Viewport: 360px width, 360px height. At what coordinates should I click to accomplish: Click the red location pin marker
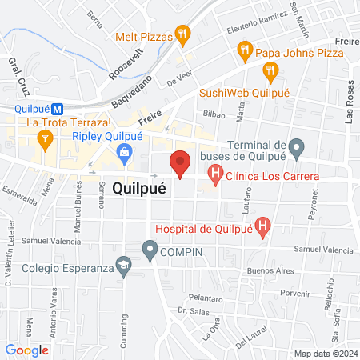coord(180,163)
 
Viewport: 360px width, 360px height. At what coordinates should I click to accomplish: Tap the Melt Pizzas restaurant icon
coord(183,34)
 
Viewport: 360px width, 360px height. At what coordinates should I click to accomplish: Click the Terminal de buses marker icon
coord(296,146)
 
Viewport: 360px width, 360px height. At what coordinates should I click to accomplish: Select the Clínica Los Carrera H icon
coord(214,173)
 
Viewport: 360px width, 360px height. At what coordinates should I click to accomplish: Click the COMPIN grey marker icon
coord(150,251)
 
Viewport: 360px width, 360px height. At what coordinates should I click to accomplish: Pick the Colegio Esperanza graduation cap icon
coord(123,263)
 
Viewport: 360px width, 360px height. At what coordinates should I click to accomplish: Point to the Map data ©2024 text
coord(324,353)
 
